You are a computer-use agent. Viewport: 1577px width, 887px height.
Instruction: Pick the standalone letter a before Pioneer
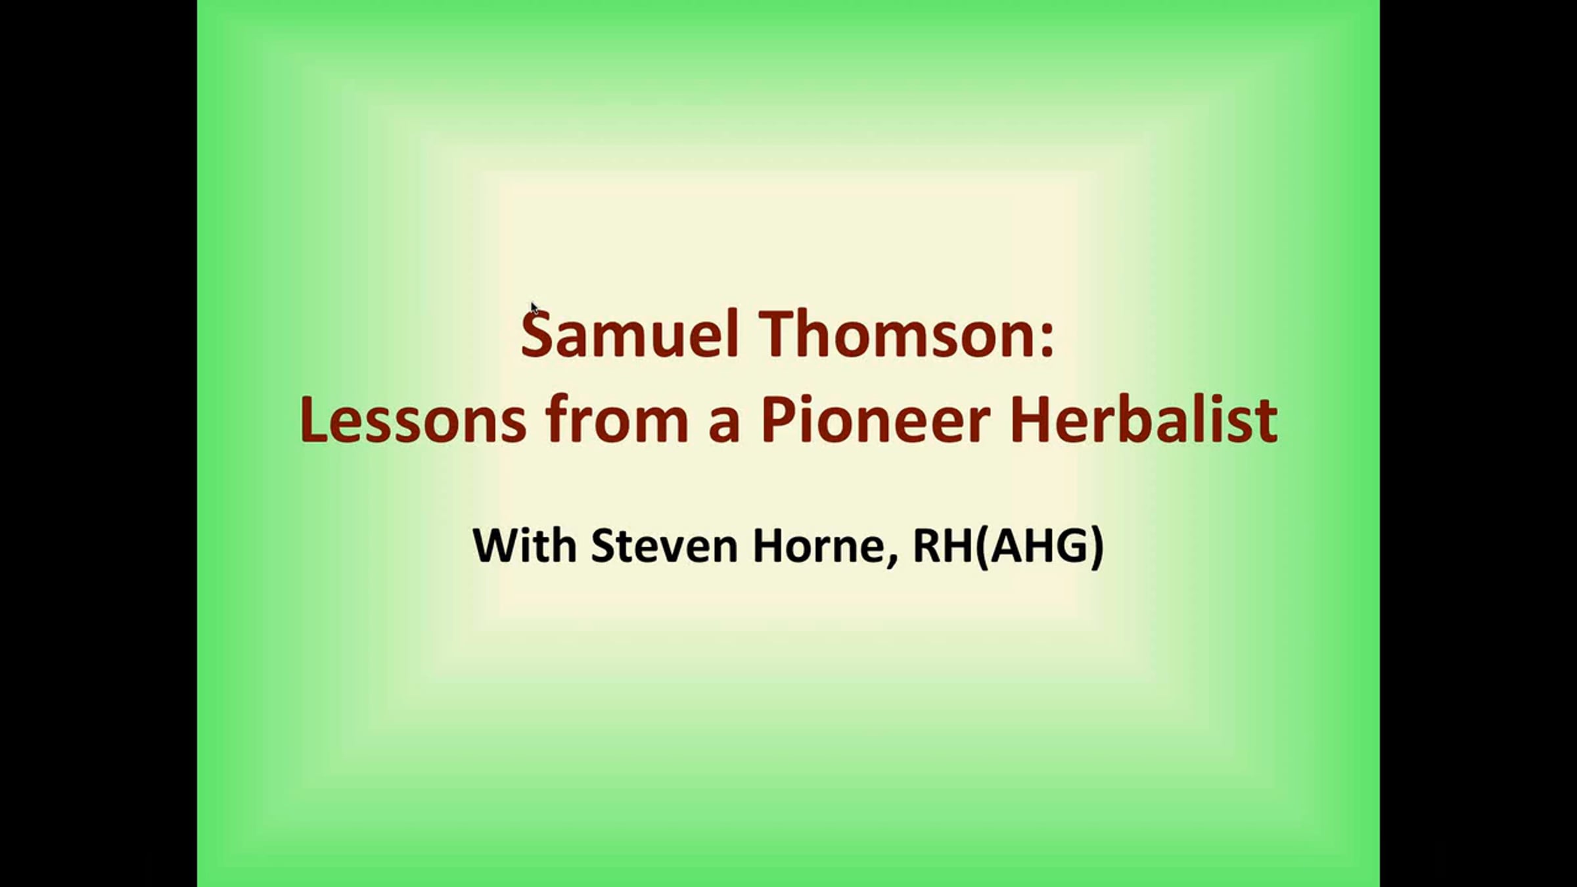(x=725, y=426)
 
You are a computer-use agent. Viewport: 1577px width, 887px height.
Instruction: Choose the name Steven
(x=664, y=545)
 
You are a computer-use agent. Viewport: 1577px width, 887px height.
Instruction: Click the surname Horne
(x=817, y=545)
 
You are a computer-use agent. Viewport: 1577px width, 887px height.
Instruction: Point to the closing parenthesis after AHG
(x=1097, y=547)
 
